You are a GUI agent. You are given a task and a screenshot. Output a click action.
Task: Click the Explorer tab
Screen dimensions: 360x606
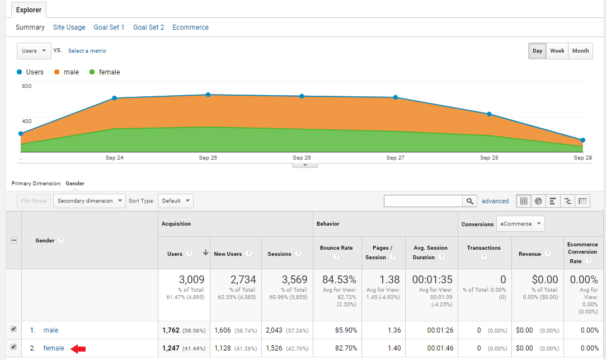(x=29, y=10)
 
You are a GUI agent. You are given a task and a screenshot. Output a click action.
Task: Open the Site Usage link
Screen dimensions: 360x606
(x=69, y=27)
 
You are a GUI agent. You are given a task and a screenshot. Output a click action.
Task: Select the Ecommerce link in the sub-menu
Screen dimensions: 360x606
(x=190, y=27)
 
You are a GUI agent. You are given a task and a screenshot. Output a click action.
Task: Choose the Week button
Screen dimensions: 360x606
(x=557, y=51)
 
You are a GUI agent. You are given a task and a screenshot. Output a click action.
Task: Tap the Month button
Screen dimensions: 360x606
(x=580, y=51)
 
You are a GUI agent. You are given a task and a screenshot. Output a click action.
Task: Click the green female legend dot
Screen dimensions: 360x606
(x=92, y=72)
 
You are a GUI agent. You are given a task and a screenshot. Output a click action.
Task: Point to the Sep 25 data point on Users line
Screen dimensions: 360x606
(x=208, y=95)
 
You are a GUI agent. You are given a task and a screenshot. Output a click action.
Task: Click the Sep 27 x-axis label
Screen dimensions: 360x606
(x=395, y=158)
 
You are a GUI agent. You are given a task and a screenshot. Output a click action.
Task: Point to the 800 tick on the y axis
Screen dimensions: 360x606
(x=27, y=86)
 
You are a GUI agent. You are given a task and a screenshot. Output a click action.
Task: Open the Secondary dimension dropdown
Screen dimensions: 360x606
(x=90, y=201)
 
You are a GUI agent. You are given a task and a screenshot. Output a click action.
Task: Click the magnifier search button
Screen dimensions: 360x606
(x=469, y=201)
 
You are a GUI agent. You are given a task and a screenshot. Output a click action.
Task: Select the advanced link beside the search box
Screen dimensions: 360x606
(x=495, y=201)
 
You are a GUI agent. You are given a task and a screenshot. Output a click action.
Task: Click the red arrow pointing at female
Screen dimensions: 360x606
(x=78, y=349)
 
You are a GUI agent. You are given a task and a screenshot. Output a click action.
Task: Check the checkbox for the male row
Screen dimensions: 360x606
(x=14, y=330)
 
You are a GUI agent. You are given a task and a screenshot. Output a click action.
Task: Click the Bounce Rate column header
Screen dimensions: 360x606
(x=336, y=248)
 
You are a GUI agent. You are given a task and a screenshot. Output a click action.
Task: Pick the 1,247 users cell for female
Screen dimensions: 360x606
(x=171, y=348)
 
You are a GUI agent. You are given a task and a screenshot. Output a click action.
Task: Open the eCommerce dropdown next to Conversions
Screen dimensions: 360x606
(x=520, y=224)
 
